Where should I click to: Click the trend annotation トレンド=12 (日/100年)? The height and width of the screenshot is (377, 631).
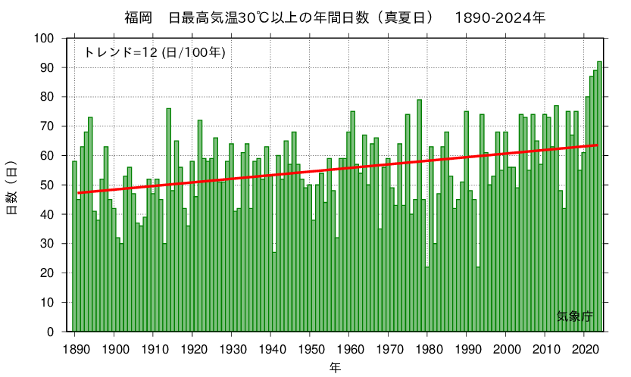pos(155,52)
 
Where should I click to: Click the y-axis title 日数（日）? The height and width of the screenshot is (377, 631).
pos(12,187)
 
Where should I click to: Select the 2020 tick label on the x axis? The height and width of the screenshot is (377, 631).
pos(584,349)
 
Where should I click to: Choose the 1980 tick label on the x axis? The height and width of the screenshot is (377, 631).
pos(427,349)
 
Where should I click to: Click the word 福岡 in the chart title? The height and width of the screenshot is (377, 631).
pos(137,17)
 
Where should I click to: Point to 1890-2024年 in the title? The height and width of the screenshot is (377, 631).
pos(500,17)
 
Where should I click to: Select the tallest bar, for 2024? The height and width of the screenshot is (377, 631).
pos(599,197)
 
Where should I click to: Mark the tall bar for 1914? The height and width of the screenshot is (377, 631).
pos(168,220)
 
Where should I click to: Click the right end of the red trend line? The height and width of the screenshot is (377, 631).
pos(597,145)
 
